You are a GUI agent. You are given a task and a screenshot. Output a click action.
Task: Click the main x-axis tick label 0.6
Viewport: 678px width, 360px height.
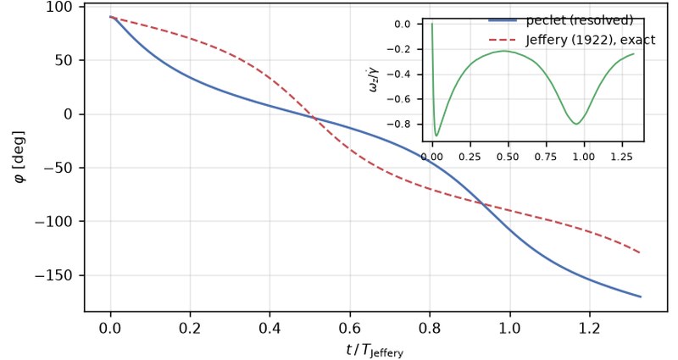point(350,329)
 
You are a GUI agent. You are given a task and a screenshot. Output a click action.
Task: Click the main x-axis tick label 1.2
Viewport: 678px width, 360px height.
point(589,329)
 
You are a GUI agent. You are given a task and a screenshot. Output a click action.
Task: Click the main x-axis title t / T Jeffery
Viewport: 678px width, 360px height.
point(375,350)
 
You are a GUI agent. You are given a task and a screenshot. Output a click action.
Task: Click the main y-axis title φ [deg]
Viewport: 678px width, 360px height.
point(19,156)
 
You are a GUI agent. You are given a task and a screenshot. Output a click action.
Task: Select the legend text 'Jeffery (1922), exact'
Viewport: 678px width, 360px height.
point(591,40)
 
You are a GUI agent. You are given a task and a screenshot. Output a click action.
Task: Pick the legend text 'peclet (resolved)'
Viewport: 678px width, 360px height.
point(580,20)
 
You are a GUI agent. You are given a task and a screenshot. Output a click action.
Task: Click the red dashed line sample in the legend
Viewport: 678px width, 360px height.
point(503,40)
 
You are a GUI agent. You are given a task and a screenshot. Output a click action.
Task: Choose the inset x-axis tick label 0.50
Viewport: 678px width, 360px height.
point(508,156)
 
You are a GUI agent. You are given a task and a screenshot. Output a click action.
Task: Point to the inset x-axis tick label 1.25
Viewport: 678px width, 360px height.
point(621,156)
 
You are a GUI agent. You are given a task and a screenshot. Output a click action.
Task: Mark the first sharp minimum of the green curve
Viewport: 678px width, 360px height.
point(436,136)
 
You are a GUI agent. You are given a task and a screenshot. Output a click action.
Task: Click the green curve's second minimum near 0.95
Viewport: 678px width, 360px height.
point(576,124)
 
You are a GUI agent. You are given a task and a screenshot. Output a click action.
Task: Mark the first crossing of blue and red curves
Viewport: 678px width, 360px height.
point(314,118)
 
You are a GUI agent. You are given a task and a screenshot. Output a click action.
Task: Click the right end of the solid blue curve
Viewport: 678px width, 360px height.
point(641,297)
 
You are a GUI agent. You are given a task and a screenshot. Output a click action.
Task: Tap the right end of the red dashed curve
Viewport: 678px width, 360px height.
point(640,252)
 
